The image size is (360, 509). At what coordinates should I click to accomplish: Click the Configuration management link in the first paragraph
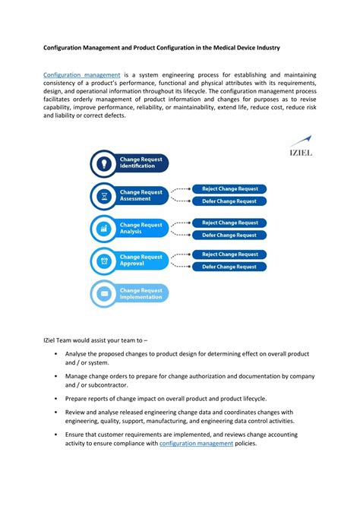tap(82, 75)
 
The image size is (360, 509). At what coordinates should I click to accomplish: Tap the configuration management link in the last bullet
tap(196, 443)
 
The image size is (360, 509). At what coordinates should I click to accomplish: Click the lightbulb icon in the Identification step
tap(102, 163)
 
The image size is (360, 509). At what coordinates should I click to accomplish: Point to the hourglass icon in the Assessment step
tap(102, 195)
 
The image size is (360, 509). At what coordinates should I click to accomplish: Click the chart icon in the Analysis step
tap(102, 228)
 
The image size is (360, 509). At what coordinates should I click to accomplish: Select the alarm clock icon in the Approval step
tap(102, 261)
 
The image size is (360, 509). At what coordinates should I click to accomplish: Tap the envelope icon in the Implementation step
tap(102, 293)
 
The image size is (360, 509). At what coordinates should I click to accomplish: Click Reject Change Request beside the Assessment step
tap(229, 188)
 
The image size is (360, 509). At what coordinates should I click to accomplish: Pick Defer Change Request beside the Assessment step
tap(229, 201)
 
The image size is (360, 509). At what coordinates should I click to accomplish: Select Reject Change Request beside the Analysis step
tap(229, 223)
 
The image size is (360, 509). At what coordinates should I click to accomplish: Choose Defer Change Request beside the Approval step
tap(229, 267)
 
